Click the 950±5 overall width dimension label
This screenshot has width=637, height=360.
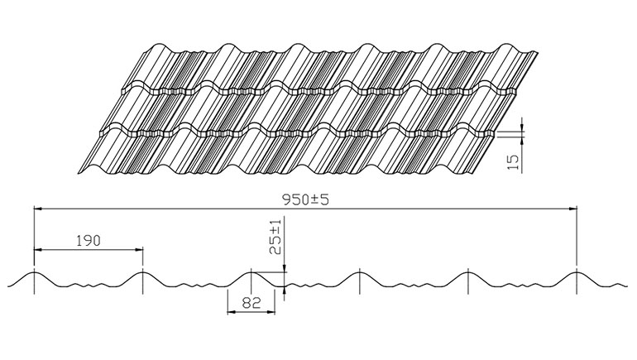pos(305,199)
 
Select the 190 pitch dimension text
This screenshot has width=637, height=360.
pos(89,241)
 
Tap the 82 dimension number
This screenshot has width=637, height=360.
pos(251,303)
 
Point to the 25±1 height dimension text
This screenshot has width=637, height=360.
pos(275,237)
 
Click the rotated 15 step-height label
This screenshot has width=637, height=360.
pos(514,162)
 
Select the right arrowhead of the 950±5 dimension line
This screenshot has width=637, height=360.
pos(572,209)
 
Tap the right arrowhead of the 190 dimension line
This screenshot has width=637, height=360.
pos(139,250)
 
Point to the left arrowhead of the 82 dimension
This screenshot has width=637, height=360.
pos(231,312)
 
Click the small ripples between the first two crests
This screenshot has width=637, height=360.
pos(89,285)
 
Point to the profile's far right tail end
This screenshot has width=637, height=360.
pos(626,286)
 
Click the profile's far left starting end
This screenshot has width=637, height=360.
pos(8,286)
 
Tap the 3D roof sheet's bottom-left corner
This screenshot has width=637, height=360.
pos(78,174)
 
